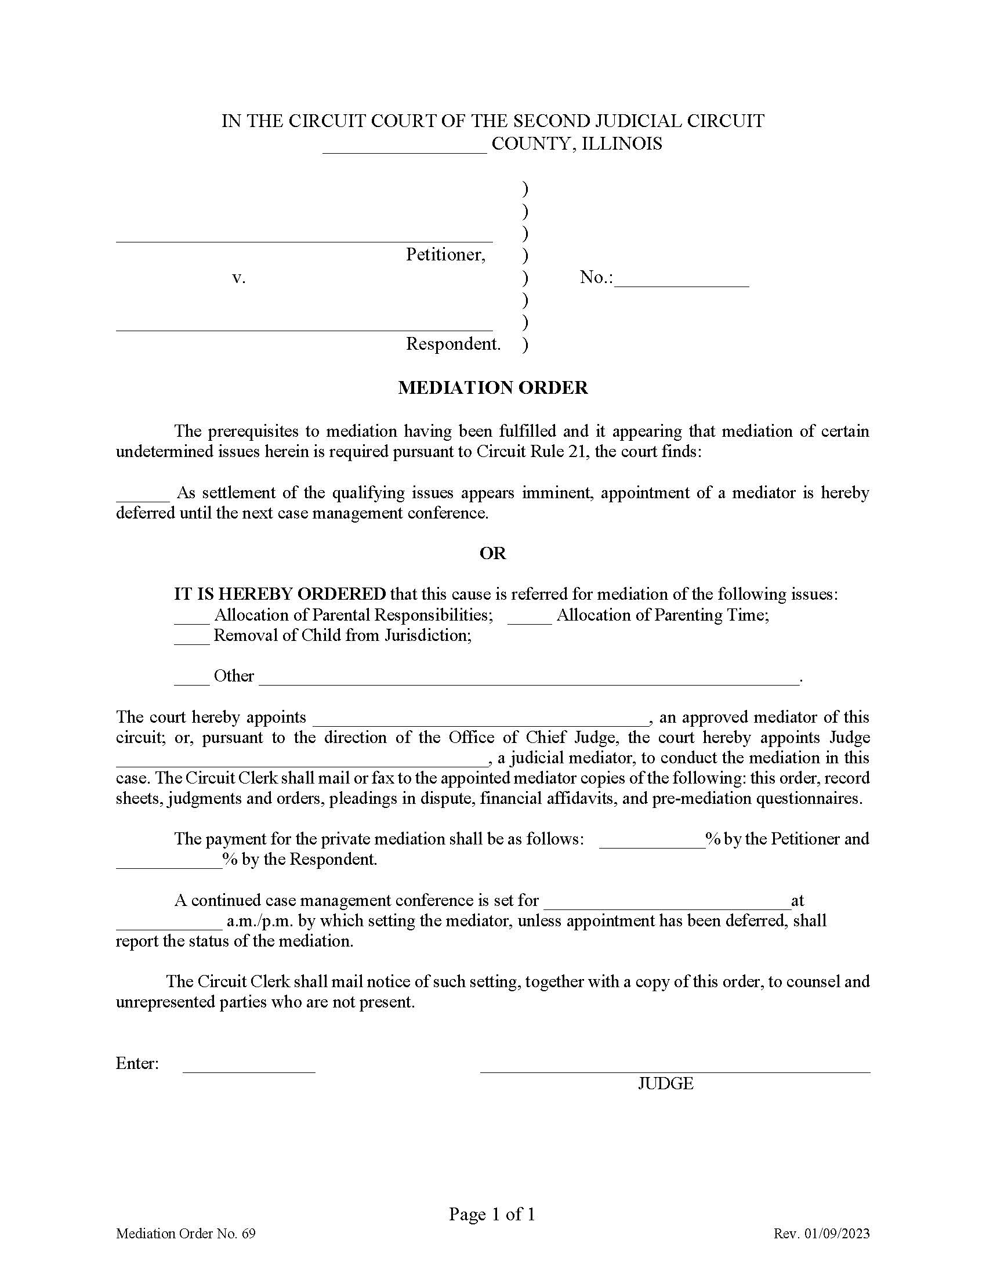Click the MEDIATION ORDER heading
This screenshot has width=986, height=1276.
[x=492, y=388]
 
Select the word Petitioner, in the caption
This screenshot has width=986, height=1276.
[x=445, y=255]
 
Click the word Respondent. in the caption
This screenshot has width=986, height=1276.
[x=454, y=344]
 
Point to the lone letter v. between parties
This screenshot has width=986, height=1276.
[x=238, y=277]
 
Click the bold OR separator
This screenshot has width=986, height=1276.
[x=492, y=553]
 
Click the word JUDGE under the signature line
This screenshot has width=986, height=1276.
[x=665, y=1084]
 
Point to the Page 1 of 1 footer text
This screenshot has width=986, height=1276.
[x=492, y=1215]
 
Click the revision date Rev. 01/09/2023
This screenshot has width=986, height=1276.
[x=821, y=1234]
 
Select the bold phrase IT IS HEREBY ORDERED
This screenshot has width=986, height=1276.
[x=280, y=594]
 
